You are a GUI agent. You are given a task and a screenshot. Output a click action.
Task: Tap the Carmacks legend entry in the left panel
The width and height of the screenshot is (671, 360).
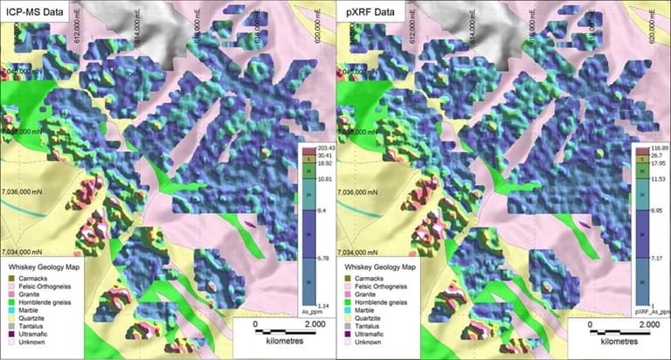pos(38,278)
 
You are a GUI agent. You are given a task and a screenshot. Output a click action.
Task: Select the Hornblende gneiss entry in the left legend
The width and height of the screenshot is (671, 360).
pos(52,302)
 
